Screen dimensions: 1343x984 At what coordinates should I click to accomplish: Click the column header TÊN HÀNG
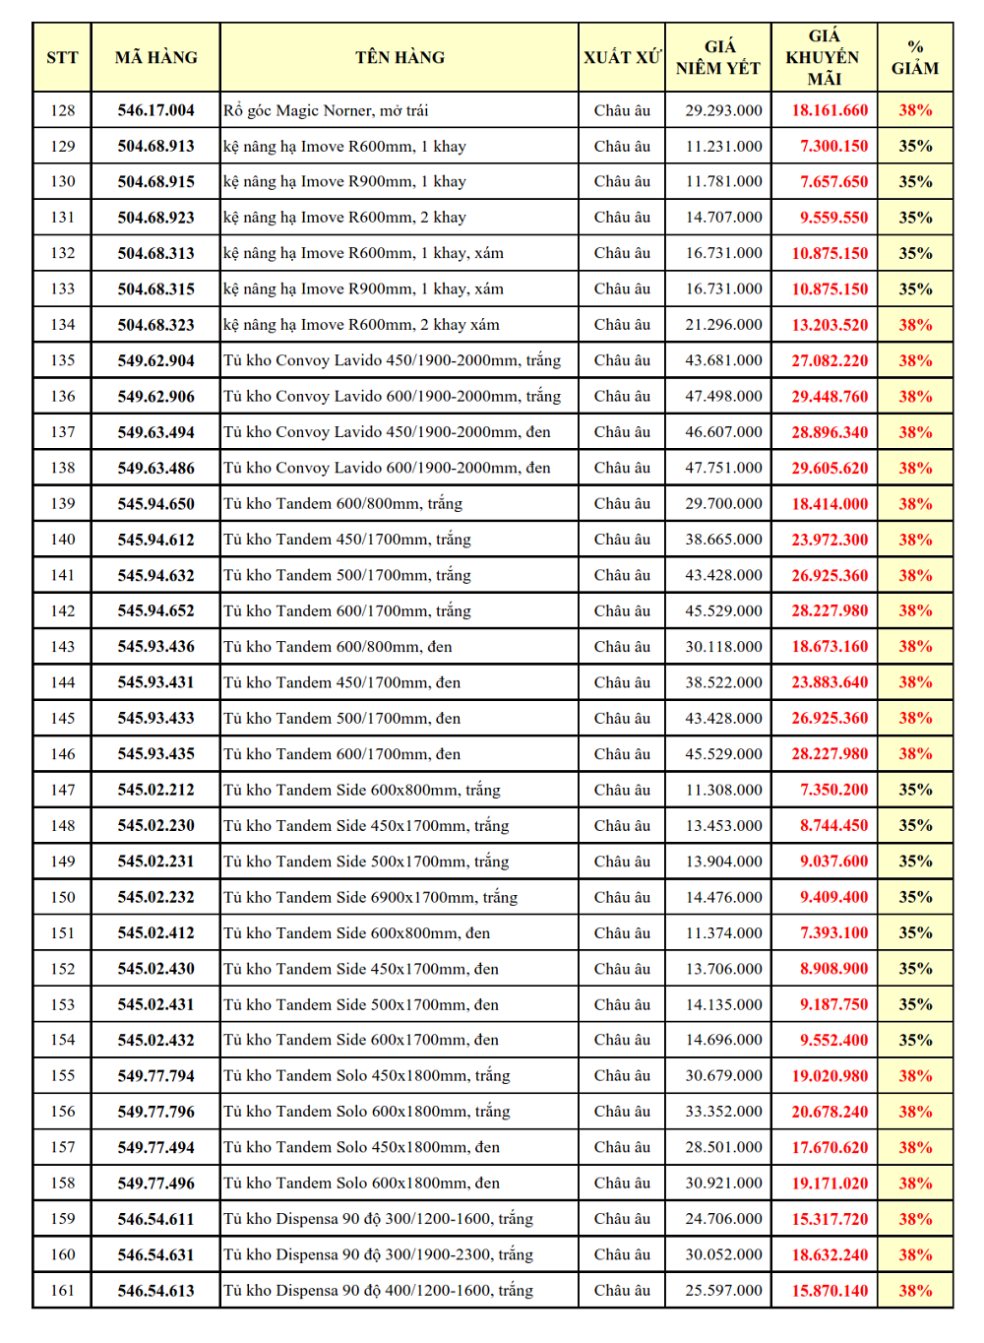[400, 57]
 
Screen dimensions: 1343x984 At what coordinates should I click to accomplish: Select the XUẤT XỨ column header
[622, 57]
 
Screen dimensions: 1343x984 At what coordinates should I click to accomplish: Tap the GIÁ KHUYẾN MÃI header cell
[824, 57]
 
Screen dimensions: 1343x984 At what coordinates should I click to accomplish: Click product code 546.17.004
[155, 110]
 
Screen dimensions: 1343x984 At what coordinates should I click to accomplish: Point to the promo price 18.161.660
[830, 110]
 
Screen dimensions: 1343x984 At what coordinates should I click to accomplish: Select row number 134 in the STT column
[62, 325]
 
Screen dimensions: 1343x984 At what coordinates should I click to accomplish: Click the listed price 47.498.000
[723, 396]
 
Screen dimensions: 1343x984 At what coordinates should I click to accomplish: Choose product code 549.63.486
[155, 468]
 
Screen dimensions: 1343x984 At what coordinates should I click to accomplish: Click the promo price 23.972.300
[830, 540]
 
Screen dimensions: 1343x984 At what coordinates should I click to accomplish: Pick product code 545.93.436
[155, 647]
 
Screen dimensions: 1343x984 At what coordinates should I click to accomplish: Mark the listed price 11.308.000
[723, 790]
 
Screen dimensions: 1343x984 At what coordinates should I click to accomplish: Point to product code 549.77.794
[155, 1076]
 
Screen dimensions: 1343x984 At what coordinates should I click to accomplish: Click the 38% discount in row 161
[915, 1291]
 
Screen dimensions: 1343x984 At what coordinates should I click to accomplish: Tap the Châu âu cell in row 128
[622, 110]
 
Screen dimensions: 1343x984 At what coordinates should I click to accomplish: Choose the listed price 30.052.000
[723, 1254]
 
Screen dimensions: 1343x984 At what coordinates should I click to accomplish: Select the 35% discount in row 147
[915, 790]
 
